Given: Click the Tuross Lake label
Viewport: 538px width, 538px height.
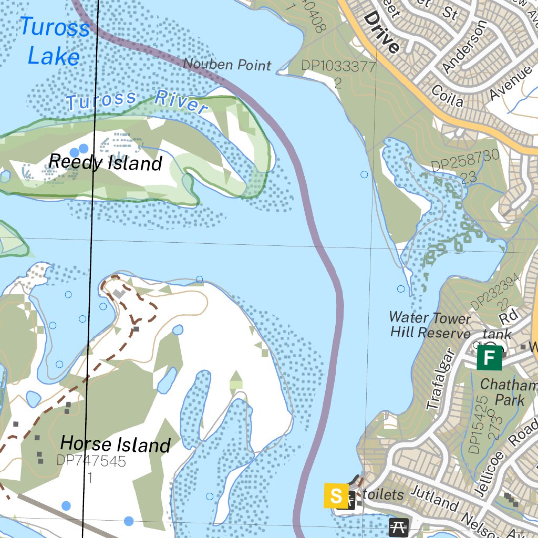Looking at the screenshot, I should pos(54,41).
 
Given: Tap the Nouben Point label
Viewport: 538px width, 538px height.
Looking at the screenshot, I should pos(227,65).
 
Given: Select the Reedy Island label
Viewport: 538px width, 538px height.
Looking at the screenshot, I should pos(105,162).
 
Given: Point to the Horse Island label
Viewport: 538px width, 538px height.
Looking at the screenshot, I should pos(115,444).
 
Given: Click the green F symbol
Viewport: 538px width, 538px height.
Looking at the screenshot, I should pos(489,358).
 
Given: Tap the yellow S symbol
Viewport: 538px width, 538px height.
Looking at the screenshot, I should pos(336,495).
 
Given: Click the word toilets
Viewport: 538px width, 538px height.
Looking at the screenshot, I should pos(383,494).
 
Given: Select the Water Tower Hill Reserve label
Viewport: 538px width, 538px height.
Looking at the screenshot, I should pos(430,325).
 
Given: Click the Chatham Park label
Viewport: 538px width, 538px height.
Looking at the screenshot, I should pos(509,392).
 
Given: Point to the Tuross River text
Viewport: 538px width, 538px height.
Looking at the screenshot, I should pos(137,100).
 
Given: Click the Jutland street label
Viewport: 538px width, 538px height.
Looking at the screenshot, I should pos(434,499).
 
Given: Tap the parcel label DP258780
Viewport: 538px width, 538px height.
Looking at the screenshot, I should pos(464,161).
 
